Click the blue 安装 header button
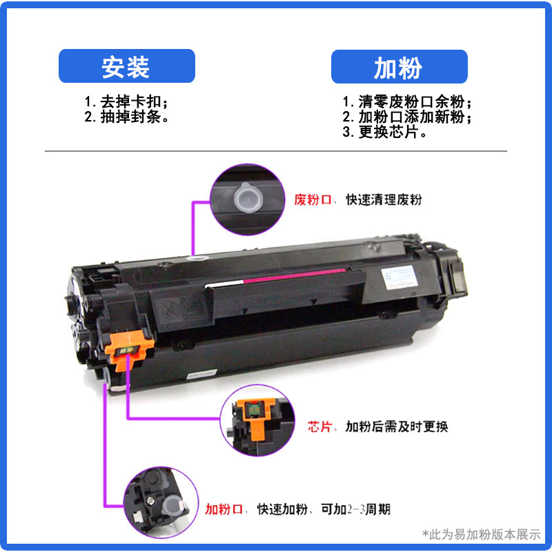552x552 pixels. click(126, 67)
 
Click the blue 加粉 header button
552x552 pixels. click(399, 67)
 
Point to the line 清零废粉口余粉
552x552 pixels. click(407, 101)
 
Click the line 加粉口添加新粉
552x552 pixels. click(407, 117)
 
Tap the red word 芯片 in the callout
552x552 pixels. click(319, 426)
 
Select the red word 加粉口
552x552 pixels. click(225, 510)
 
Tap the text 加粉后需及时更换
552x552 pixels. click(397, 426)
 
